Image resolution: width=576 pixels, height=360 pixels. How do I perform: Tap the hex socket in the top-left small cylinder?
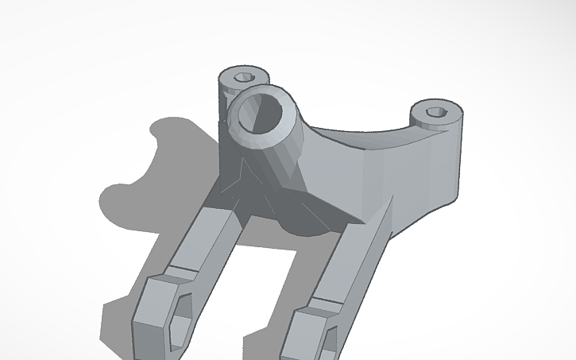tap(245, 77)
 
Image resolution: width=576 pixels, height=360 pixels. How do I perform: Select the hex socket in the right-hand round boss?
tap(434, 112)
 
